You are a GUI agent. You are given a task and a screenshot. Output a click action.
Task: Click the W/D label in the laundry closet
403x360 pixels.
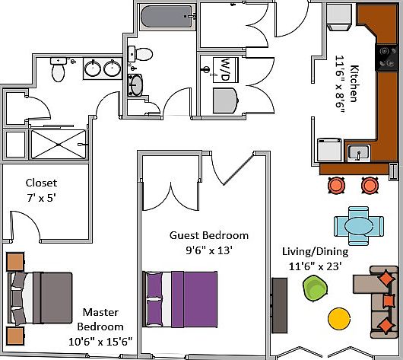click(225, 70)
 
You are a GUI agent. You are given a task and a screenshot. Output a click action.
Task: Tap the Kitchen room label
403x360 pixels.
click(354, 84)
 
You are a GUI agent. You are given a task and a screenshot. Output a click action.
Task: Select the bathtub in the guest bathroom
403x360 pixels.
click(168, 16)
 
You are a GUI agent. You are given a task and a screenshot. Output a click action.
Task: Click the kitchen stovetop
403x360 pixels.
click(386, 57)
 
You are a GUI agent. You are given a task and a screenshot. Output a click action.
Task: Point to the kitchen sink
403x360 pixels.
click(359, 153)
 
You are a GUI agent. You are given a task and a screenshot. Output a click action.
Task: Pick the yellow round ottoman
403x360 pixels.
click(339, 319)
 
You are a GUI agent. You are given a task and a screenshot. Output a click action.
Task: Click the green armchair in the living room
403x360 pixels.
click(315, 288)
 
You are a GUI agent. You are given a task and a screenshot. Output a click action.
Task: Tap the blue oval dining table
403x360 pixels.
click(359, 226)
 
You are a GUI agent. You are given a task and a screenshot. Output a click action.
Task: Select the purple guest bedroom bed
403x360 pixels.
click(180, 299)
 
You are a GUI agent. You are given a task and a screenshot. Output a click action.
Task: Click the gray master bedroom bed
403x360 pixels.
click(40, 298)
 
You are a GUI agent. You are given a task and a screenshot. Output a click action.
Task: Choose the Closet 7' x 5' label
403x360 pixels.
click(41, 190)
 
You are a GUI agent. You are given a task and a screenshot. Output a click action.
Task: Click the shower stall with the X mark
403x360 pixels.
click(59, 145)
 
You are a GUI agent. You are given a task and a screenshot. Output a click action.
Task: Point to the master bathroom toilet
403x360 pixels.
click(58, 69)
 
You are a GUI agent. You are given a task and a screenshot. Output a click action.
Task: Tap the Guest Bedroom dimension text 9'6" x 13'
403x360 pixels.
click(209, 250)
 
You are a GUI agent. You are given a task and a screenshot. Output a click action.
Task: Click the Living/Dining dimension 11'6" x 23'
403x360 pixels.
click(315, 266)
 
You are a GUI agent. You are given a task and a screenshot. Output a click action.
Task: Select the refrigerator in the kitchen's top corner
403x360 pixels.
click(339, 18)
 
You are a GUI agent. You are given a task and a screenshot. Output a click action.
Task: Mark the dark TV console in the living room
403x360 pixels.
click(280, 305)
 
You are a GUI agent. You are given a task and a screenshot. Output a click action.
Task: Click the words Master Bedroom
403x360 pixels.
click(100, 320)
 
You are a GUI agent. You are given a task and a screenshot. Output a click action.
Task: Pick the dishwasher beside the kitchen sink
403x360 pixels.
click(329, 150)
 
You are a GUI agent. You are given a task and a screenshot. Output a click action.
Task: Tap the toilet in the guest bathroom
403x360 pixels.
click(141, 54)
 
